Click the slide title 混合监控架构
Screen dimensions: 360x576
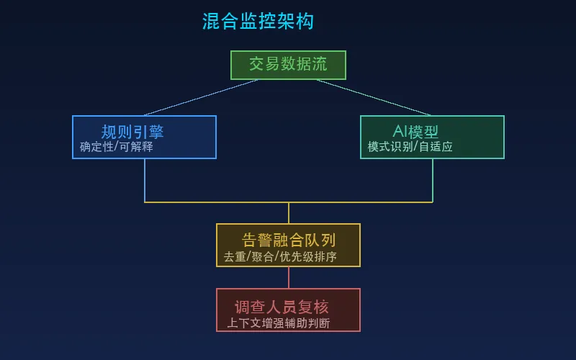coord(258,21)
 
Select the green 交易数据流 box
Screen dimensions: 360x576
coord(288,65)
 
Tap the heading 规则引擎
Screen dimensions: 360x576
coord(132,132)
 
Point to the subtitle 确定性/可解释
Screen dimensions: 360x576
coord(117,147)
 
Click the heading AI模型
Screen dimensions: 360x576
coord(415,132)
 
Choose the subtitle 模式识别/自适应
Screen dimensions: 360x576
coord(410,147)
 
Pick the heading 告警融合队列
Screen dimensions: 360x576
coord(289,240)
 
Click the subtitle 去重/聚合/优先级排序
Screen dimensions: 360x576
coord(280,256)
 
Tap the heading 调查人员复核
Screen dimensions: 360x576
coord(282,307)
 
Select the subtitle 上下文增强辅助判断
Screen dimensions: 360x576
coord(279,323)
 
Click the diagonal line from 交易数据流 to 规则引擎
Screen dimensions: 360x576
coord(201,97)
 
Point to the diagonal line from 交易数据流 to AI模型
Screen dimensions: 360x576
coord(374,97)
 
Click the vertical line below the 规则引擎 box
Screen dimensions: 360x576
coord(145,180)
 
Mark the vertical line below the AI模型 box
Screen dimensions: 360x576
coord(433,180)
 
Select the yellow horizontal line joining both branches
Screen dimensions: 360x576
coord(216,202)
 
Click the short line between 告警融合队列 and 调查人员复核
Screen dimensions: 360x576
coord(289,277)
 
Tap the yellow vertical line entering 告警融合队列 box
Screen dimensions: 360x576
coord(289,213)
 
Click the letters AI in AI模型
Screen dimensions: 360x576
coord(400,132)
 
